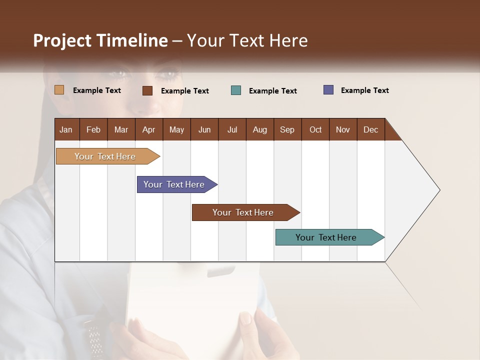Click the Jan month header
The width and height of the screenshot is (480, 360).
point(66,129)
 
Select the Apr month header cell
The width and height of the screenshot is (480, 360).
point(149,129)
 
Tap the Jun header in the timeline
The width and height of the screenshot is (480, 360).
point(204,129)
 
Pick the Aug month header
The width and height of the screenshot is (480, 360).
point(260,129)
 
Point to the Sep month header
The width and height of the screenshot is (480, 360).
point(287,129)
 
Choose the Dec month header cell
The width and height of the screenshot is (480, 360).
point(371,129)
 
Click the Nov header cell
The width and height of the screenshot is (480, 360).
point(343,129)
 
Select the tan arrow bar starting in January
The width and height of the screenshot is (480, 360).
point(105,156)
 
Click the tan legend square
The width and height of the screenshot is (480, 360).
point(59,90)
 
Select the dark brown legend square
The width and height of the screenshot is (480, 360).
point(147,90)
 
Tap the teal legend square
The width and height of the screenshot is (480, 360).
point(236,90)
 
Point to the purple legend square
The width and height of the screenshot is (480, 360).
point(328,90)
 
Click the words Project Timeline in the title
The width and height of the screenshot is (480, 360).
point(100,40)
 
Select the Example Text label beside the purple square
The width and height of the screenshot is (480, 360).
point(365,90)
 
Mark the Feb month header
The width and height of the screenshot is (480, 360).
point(93,129)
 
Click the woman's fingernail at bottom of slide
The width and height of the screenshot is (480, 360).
point(246,318)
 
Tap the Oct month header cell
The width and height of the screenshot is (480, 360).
point(315,129)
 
